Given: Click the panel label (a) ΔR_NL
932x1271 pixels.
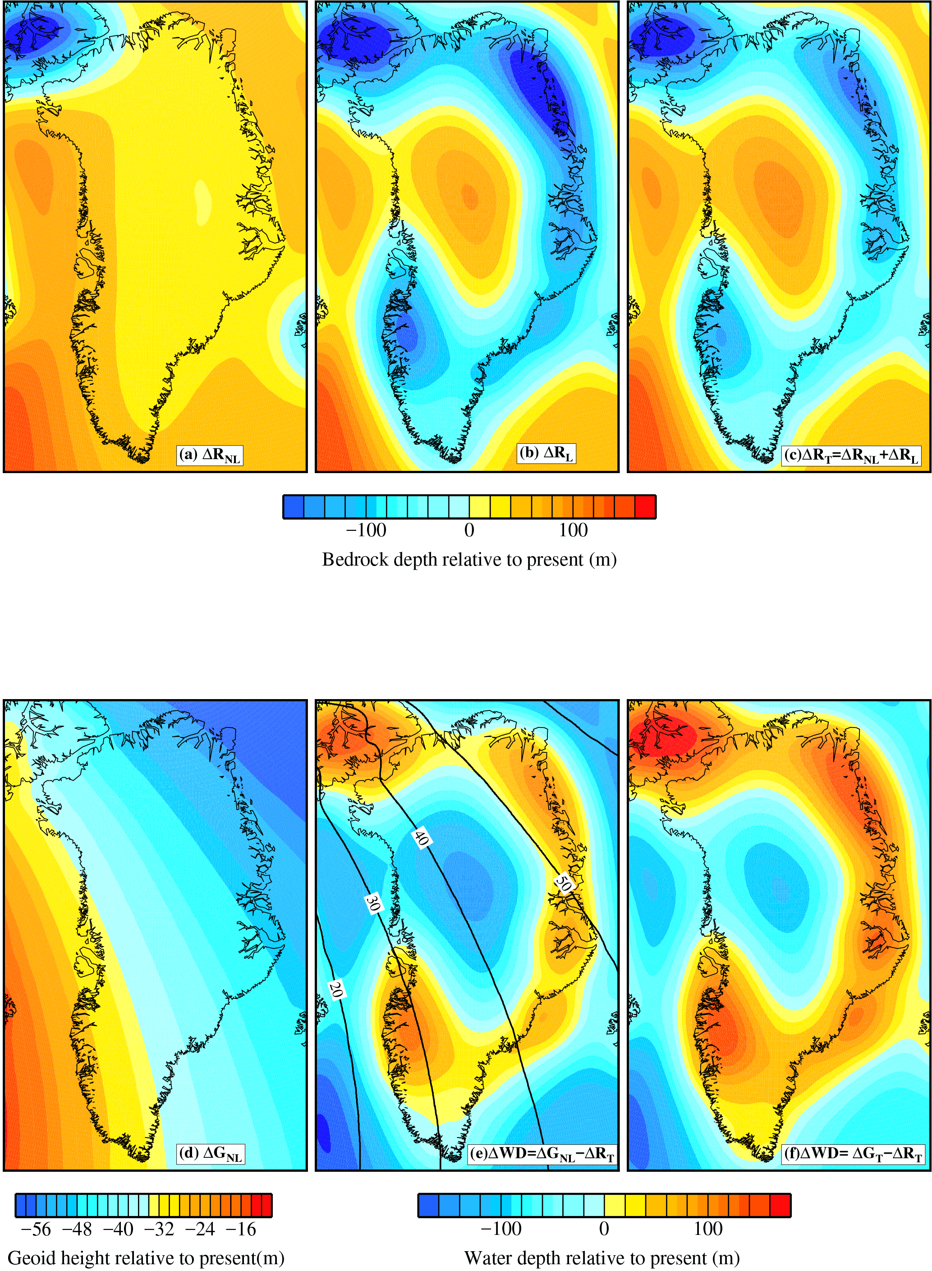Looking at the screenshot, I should [x=210, y=456].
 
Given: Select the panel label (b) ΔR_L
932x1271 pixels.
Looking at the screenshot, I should [x=546, y=453].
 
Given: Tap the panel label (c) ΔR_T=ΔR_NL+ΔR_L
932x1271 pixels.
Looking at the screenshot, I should [x=851, y=456].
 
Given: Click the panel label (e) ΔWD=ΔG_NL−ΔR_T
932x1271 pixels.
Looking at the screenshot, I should [x=542, y=1154].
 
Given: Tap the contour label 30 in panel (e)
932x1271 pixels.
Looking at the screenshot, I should [x=372, y=903].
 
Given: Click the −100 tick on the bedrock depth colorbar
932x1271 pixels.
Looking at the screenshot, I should [x=366, y=530].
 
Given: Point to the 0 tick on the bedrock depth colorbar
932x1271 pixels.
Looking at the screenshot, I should [x=469, y=530].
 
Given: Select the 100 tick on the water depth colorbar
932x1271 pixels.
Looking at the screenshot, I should [x=707, y=1229].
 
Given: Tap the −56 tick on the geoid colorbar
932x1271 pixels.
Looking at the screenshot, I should [x=36, y=1229].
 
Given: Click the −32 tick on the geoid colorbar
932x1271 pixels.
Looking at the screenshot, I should [x=159, y=1229].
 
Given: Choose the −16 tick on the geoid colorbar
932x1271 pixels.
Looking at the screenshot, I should [x=241, y=1229].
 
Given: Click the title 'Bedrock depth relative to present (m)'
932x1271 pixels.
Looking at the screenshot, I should [x=469, y=560].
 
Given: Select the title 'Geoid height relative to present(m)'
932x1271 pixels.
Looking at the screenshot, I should [x=146, y=1258].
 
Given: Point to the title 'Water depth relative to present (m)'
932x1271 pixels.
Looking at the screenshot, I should [x=601, y=1258].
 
